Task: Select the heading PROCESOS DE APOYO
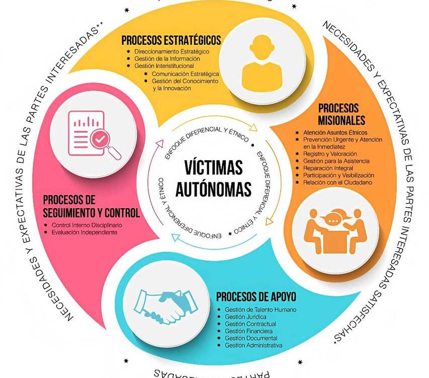coord(256,296)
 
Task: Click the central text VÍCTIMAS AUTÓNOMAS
coord(213,177)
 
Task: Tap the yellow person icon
coord(260,62)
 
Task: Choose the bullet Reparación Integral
coord(327,168)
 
